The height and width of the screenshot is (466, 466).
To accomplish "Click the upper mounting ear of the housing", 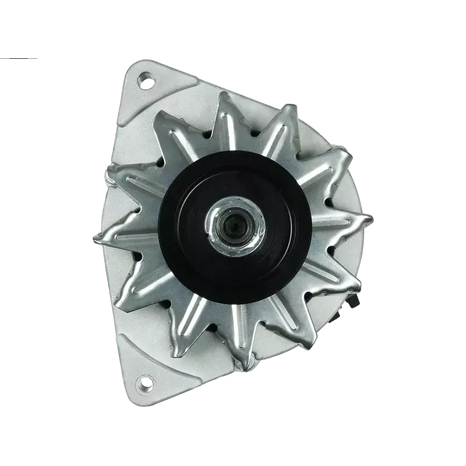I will point(143,87).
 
